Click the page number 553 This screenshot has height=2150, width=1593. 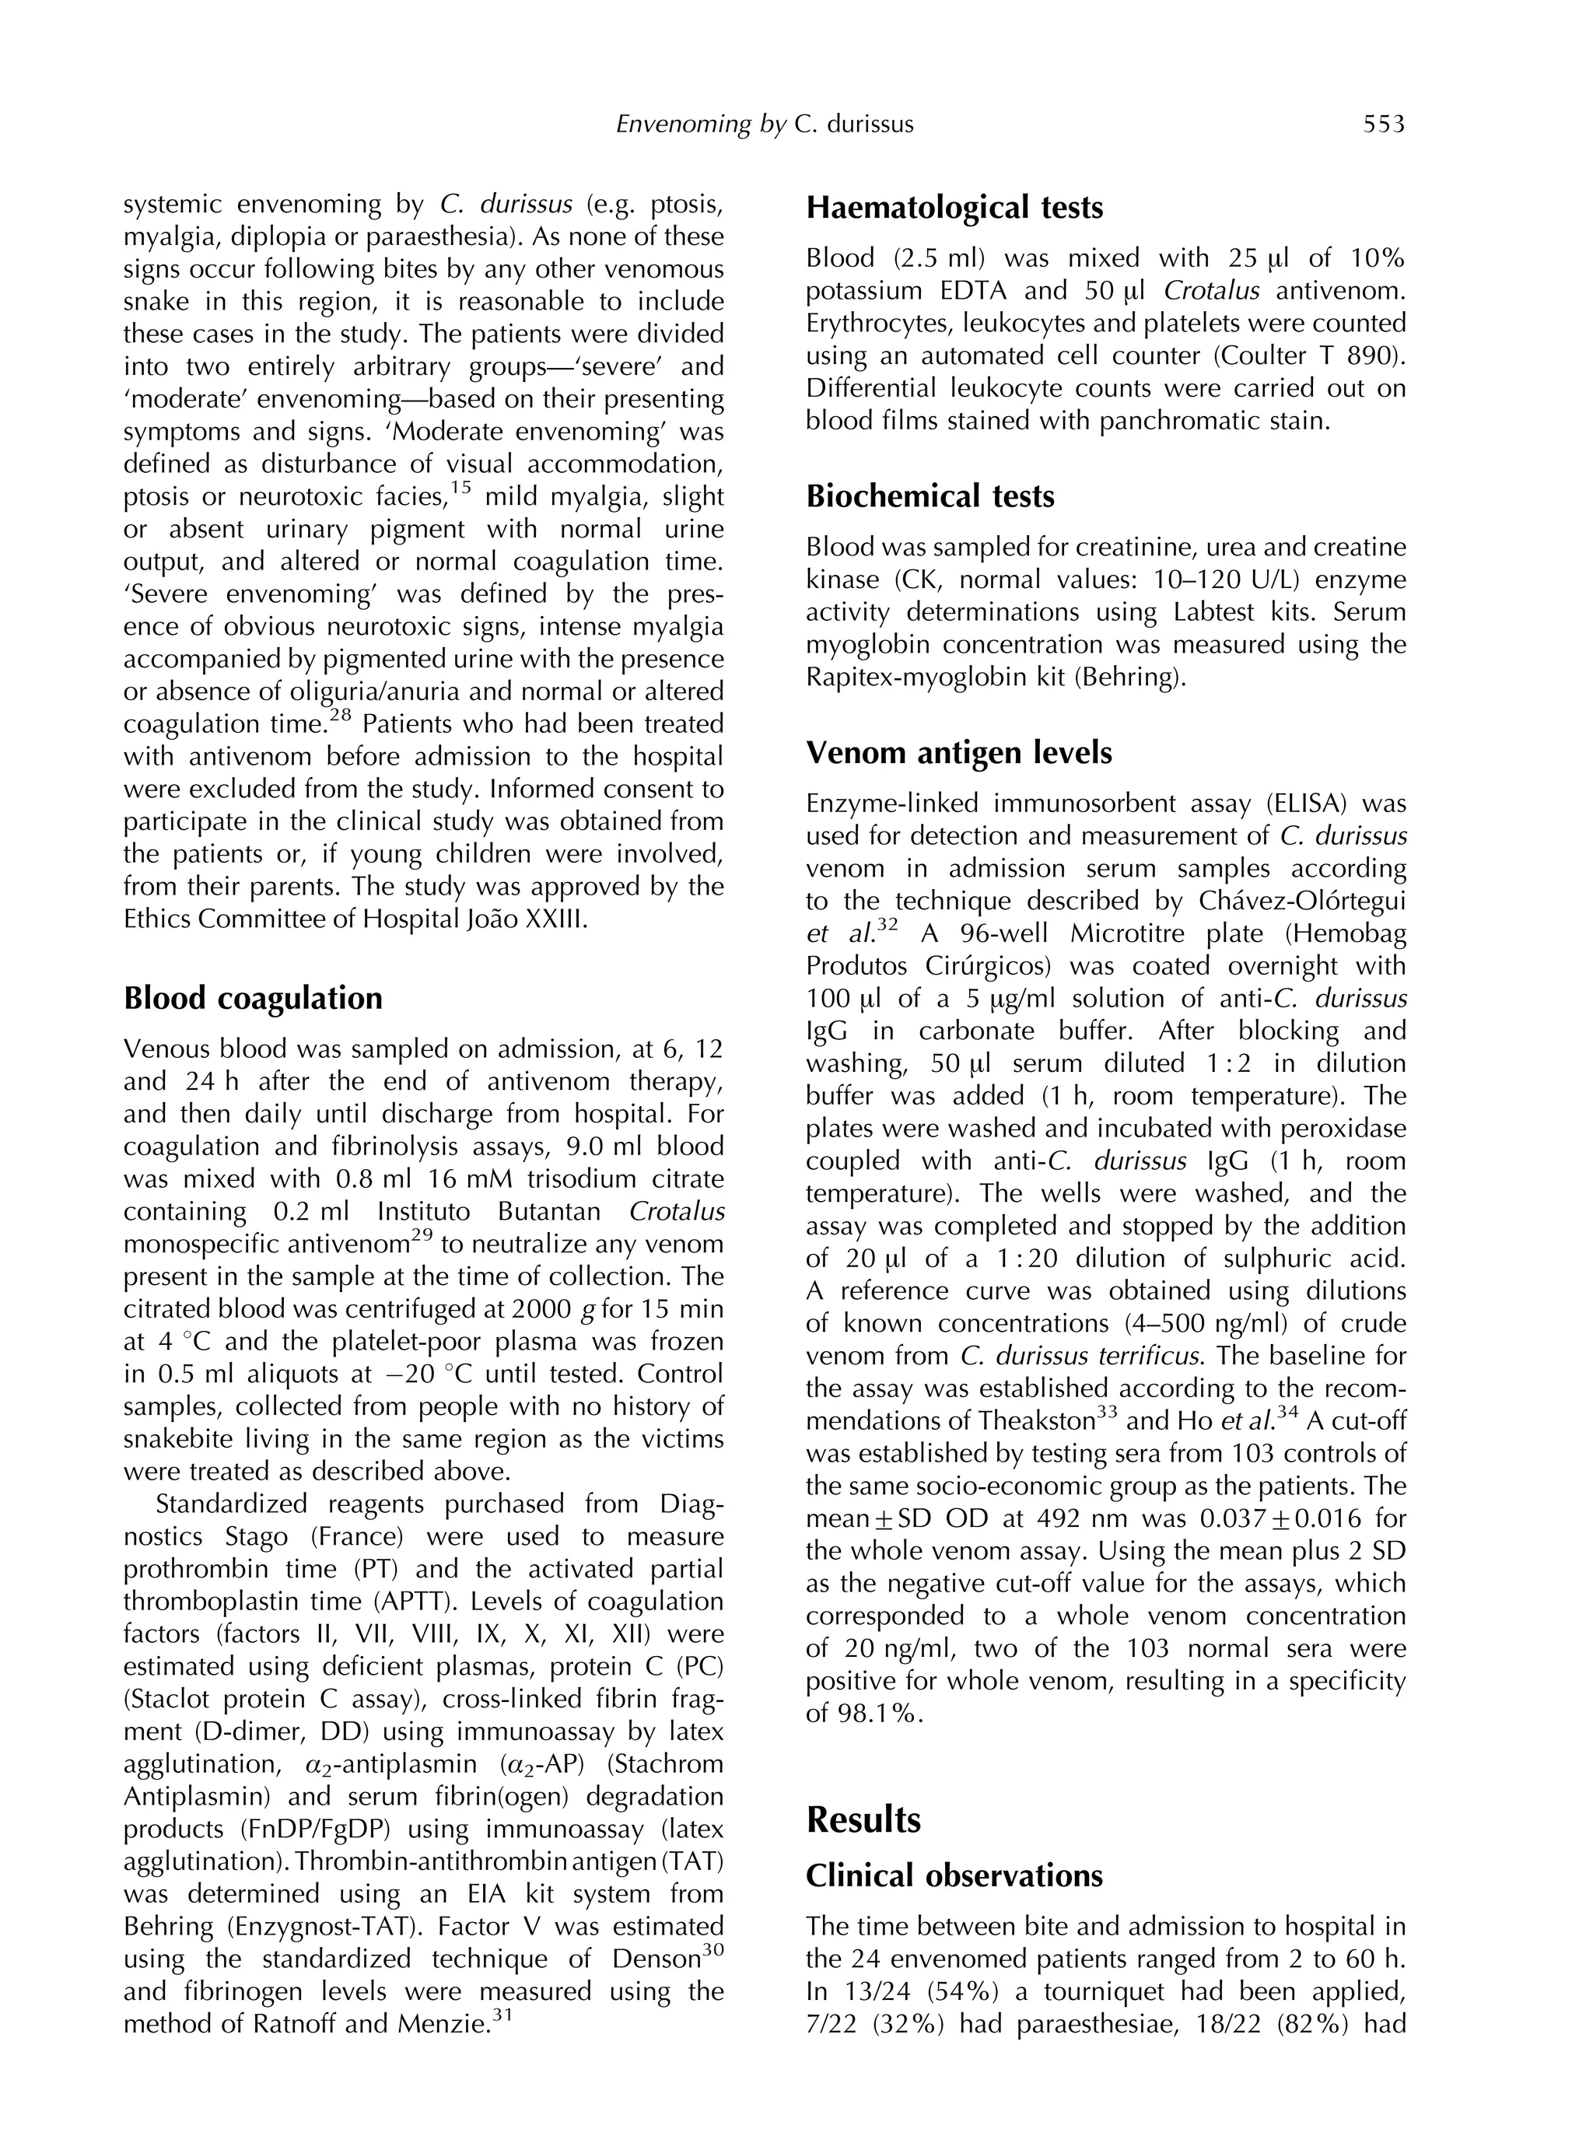(1384, 124)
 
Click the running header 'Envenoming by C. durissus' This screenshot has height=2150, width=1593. (764, 124)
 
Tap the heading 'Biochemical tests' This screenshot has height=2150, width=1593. (930, 495)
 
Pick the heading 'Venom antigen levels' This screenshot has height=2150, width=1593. (958, 752)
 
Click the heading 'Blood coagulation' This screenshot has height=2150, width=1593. (253, 997)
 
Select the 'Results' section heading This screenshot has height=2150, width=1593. (863, 1819)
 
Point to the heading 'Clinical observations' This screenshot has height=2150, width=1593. (954, 1875)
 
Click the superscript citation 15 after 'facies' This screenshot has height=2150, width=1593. (461, 488)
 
